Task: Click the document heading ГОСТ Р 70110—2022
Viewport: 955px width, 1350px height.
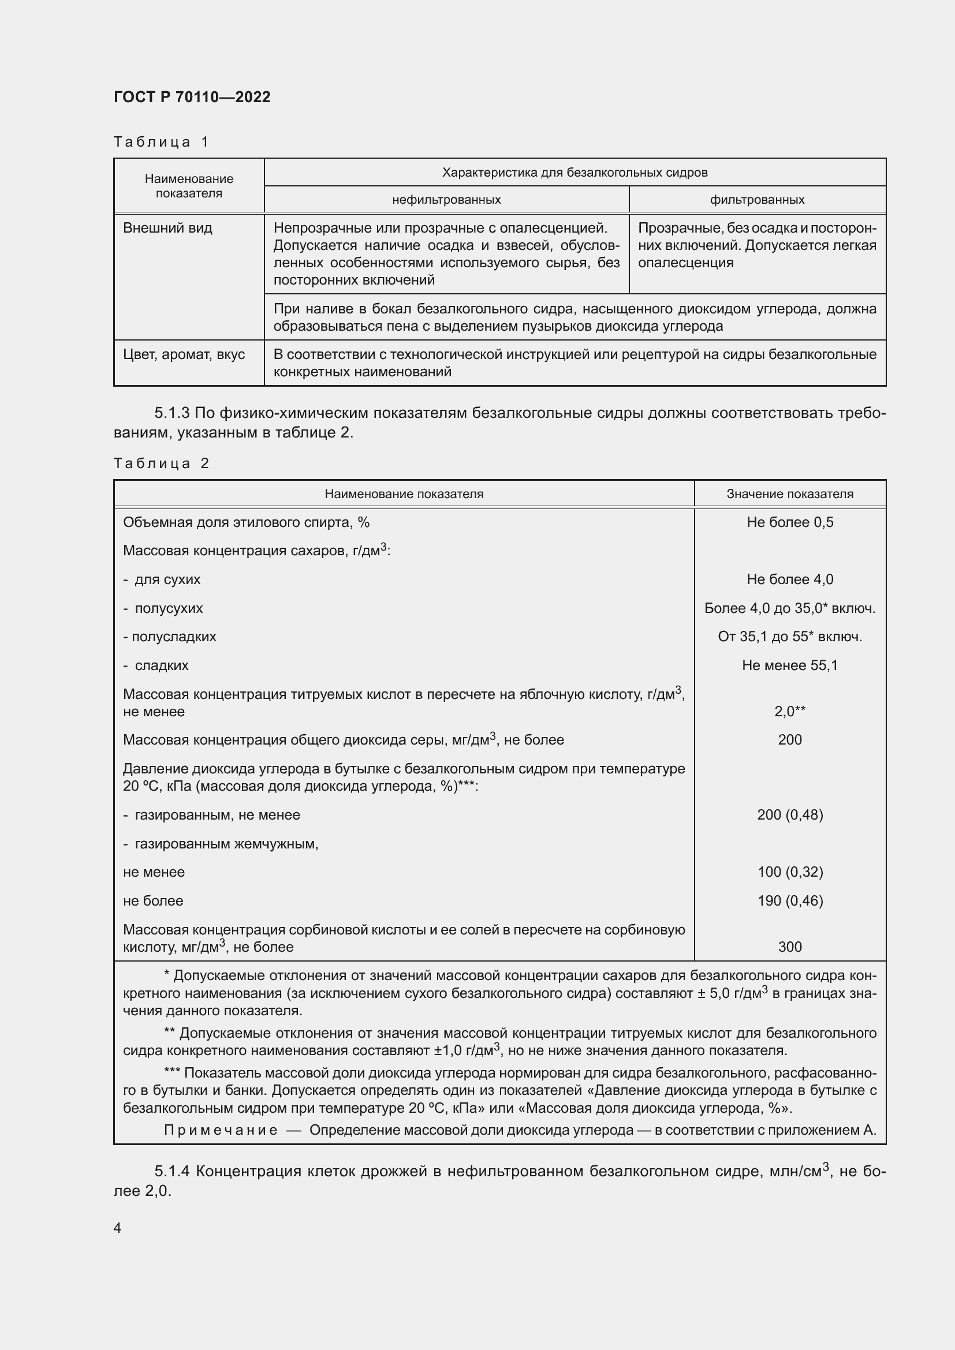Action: click(192, 97)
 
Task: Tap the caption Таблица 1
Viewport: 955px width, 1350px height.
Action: click(161, 142)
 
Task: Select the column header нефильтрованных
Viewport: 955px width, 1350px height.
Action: click(446, 199)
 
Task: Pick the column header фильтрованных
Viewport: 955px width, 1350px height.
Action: click(757, 199)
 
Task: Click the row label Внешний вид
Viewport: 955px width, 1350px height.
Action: click(167, 228)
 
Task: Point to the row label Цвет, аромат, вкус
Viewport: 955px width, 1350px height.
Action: click(184, 354)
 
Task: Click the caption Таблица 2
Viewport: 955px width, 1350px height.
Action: click(161, 463)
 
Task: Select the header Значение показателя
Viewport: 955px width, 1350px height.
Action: click(789, 494)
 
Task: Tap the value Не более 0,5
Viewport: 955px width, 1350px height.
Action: click(790, 522)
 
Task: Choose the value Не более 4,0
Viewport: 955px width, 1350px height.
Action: click(790, 579)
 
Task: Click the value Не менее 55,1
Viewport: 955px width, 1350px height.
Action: click(790, 665)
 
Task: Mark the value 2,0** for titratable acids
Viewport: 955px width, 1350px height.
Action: click(790, 712)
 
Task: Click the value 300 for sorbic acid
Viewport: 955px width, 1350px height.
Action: click(790, 947)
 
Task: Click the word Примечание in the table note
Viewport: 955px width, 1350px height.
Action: click(221, 1130)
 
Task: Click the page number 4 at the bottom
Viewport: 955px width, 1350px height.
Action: click(117, 1228)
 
